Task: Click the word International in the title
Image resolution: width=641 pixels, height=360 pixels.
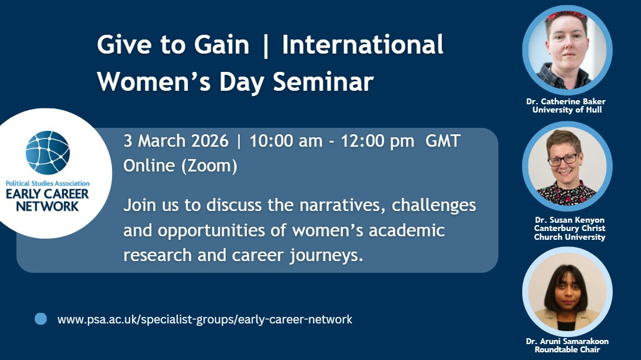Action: [362, 45]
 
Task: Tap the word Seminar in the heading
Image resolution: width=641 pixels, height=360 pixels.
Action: [323, 81]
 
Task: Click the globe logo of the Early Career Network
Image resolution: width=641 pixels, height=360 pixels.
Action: [48, 153]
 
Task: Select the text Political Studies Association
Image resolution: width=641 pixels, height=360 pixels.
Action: [47, 183]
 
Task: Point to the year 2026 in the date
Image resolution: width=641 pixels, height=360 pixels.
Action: [210, 141]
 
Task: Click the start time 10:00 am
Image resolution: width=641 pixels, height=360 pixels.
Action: [286, 141]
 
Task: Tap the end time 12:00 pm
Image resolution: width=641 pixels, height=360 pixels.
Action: [377, 141]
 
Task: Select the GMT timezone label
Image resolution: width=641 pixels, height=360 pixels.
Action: [442, 141]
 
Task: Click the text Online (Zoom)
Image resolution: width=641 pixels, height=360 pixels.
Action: [180, 166]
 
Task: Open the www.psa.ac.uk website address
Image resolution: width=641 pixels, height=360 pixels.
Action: [205, 319]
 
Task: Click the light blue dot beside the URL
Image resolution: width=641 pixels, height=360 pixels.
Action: [41, 319]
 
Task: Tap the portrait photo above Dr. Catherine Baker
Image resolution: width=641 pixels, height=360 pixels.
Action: [567, 50]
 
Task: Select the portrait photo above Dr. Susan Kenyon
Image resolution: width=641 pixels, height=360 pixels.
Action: [567, 166]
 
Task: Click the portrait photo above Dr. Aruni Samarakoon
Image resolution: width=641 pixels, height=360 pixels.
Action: [567, 292]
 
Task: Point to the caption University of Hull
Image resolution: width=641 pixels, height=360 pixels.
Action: [567, 110]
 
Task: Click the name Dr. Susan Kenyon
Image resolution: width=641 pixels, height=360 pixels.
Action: [570, 220]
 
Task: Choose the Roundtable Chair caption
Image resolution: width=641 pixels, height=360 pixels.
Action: [567, 349]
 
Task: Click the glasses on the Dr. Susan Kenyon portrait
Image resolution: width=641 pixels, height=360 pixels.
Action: [564, 159]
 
